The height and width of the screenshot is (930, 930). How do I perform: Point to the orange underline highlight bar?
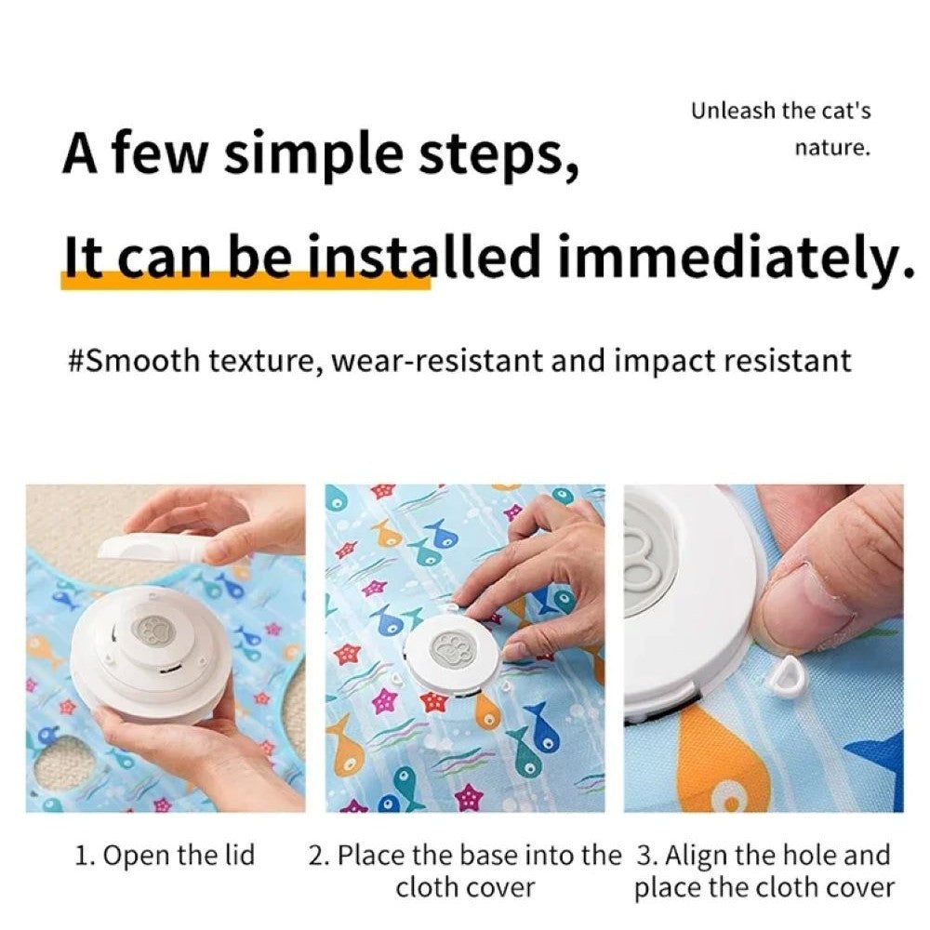pos(246,280)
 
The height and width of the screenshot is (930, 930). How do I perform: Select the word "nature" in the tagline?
pos(831,148)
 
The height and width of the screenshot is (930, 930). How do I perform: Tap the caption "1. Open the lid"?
pos(165,856)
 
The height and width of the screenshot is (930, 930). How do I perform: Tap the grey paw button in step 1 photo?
pos(152,630)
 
